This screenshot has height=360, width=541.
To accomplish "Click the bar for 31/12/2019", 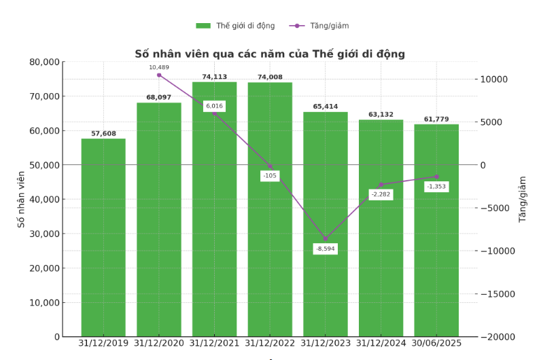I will [x=103, y=237].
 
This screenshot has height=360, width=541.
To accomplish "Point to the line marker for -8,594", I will [x=325, y=238].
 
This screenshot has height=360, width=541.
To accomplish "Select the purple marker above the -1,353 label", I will [x=436, y=177].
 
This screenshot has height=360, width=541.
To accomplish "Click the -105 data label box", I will [x=270, y=176].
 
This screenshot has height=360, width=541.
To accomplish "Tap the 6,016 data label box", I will [x=214, y=106].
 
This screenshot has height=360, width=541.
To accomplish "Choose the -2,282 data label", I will [x=381, y=194].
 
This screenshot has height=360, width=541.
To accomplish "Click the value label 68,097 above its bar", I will [x=158, y=98].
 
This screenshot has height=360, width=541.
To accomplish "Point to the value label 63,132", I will [x=381, y=115].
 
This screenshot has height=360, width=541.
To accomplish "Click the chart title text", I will [x=270, y=54].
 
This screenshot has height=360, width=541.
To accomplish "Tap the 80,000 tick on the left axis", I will [x=45, y=62].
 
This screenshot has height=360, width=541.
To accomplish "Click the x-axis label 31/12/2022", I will [x=270, y=344].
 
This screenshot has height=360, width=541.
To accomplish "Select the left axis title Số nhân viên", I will [x=21, y=199].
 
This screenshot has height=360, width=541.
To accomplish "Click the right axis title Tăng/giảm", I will [x=523, y=199].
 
